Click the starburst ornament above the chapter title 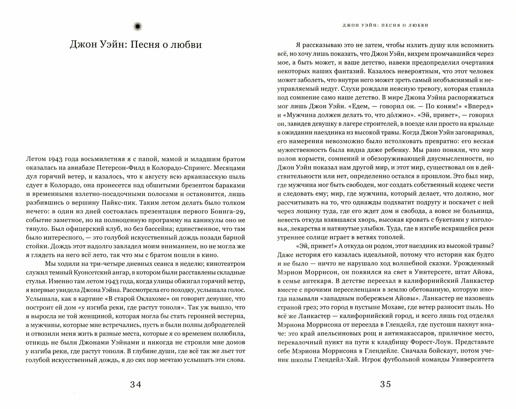137,27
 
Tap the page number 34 136,385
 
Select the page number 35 386,384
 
